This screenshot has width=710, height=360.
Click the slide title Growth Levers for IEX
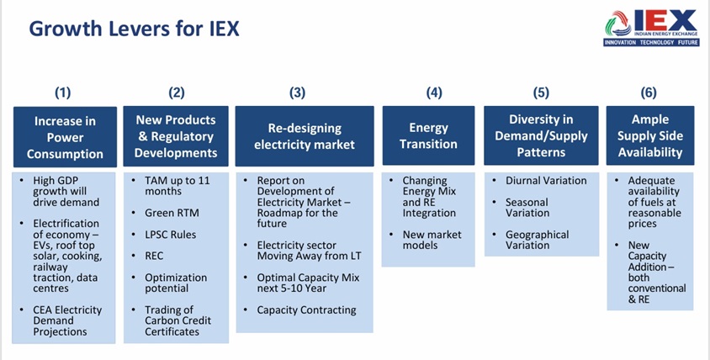pyautogui.click(x=134, y=29)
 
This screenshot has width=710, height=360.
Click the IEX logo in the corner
pyautogui.click(x=650, y=28)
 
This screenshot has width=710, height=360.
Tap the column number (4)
pyautogui.click(x=433, y=93)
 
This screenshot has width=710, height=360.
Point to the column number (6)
pyautogui.click(x=649, y=93)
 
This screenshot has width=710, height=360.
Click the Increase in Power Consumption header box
pyautogui.click(x=65, y=137)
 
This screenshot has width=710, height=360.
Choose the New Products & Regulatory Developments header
pyautogui.click(x=176, y=136)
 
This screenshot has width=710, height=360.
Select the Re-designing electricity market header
pyautogui.click(x=305, y=136)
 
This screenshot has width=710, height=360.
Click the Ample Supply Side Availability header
pyautogui.click(x=649, y=136)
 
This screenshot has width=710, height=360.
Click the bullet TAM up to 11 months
pyautogui.click(x=179, y=186)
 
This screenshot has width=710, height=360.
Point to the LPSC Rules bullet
pyautogui.click(x=170, y=235)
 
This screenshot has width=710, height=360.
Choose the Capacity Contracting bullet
pyautogui.click(x=306, y=310)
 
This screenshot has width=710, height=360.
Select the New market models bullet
pyautogui.click(x=432, y=240)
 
